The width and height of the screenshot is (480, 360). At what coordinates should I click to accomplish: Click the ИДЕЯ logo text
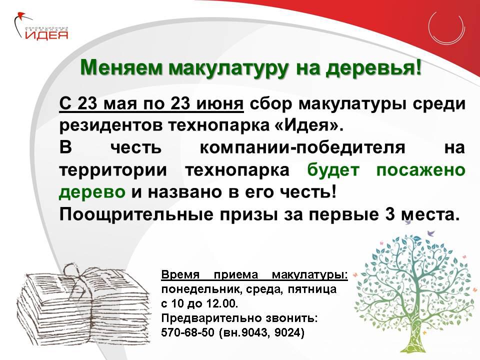click(46, 34)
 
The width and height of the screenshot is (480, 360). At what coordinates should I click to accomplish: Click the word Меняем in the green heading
click(121, 67)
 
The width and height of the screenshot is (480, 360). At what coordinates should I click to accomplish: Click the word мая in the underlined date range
click(119, 104)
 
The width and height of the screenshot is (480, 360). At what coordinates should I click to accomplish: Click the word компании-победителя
click(302, 147)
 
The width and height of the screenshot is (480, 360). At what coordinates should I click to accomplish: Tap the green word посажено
click(420, 170)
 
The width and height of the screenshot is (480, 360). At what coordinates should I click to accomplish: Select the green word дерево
click(92, 192)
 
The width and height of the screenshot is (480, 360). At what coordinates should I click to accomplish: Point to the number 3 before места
click(389, 214)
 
